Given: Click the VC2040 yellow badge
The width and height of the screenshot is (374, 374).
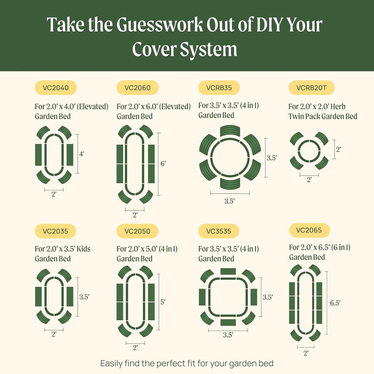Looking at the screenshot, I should coord(55,88).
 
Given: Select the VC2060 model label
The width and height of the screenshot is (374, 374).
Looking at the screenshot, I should coord(137,88).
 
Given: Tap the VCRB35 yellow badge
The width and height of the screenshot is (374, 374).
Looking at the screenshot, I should coord(219,88).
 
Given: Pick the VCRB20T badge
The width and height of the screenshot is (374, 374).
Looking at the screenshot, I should coord(311,88).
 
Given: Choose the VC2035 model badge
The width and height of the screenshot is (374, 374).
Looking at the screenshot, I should coord(55,231).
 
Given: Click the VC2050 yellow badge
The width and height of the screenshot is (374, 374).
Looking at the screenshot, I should coord(137,231).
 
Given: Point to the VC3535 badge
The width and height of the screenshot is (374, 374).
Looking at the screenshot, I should coord(219,231).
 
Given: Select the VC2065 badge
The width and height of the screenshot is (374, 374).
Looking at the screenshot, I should coord(309,230).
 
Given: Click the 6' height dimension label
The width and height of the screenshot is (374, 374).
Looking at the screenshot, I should coord(163,164).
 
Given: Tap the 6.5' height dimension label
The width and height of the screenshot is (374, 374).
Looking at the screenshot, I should coord(335,303).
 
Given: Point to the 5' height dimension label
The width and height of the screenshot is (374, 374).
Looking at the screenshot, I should coord(163,302).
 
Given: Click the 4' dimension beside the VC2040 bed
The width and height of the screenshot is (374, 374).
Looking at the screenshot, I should coord(81,154).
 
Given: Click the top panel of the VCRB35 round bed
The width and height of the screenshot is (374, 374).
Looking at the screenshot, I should coord(230,131).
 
